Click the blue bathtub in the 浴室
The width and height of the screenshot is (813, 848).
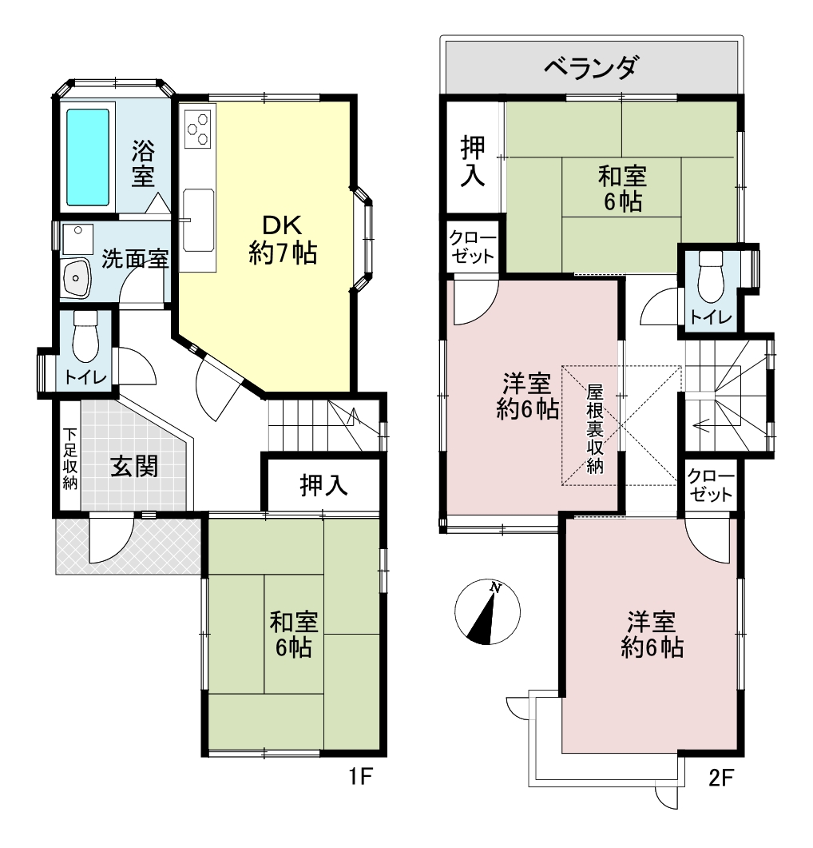(x=88, y=157)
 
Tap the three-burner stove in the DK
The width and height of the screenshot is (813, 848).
(x=197, y=129)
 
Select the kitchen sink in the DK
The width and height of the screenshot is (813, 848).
(x=198, y=220)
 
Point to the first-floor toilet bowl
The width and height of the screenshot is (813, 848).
(x=85, y=337)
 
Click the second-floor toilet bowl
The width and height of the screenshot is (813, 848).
(x=711, y=278)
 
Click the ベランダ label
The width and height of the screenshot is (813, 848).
(x=592, y=68)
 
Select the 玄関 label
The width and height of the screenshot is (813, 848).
(x=135, y=466)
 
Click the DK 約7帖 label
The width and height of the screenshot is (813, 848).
(x=283, y=239)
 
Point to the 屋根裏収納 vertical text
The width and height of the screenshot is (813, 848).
(x=595, y=428)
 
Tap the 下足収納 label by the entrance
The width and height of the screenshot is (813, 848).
(x=69, y=459)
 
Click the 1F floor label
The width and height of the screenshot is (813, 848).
(x=360, y=777)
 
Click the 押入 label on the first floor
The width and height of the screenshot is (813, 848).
(x=323, y=484)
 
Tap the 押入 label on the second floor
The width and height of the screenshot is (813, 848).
(x=473, y=161)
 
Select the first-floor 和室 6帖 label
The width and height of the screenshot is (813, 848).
(x=294, y=635)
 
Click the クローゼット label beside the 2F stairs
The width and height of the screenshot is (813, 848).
(x=710, y=485)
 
